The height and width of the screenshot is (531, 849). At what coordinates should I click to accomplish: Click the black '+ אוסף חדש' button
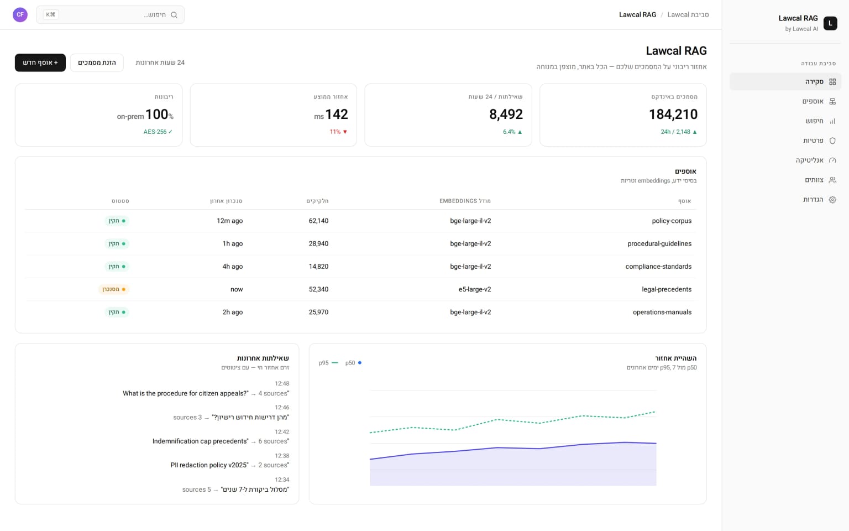[x=40, y=63]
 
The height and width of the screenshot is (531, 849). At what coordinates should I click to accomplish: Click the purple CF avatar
[x=20, y=15]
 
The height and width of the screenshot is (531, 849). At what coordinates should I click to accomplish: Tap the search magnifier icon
[x=174, y=15]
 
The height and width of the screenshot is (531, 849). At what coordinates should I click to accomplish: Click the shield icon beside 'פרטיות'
[x=832, y=140]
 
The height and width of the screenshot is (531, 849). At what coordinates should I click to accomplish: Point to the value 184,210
[x=673, y=114]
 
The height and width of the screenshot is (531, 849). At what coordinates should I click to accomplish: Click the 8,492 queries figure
[x=506, y=114]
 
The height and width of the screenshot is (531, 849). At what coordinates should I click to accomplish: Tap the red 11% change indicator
[x=338, y=132]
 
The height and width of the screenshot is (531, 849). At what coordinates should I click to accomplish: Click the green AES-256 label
[x=158, y=132]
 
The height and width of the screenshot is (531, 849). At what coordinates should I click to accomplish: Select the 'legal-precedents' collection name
[x=666, y=289]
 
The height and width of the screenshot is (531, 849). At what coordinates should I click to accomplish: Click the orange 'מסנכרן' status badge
[x=114, y=289]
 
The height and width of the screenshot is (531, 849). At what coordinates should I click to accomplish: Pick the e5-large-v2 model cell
[x=475, y=289]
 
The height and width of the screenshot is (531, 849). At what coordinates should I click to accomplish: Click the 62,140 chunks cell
[x=318, y=221]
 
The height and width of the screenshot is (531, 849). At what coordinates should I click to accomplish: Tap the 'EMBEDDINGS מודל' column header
[x=465, y=201]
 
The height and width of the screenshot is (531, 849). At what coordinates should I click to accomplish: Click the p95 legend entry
[x=328, y=363]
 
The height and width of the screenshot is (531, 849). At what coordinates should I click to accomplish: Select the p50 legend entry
[x=353, y=363]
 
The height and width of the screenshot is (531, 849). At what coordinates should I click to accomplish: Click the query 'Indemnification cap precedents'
[x=201, y=441]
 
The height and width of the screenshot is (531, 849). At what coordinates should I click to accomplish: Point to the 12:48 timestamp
[x=282, y=383]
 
